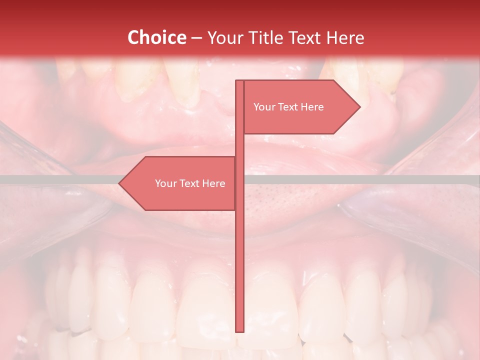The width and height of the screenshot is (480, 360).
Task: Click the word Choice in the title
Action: [x=156, y=38]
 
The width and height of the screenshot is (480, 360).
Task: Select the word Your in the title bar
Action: [x=222, y=38]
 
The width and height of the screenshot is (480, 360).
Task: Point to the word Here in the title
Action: [x=345, y=38]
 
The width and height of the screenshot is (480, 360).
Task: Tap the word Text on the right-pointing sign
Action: [x=288, y=107]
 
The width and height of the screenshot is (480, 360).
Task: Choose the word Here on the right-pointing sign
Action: [x=313, y=107]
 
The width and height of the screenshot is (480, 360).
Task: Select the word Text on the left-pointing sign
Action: [x=189, y=183]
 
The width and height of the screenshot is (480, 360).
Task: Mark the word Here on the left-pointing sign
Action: [x=214, y=183]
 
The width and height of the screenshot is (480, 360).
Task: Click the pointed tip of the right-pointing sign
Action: [x=358, y=107]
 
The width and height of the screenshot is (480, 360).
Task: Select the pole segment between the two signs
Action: [x=239, y=145]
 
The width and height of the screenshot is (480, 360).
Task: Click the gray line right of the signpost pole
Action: [x=360, y=179]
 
